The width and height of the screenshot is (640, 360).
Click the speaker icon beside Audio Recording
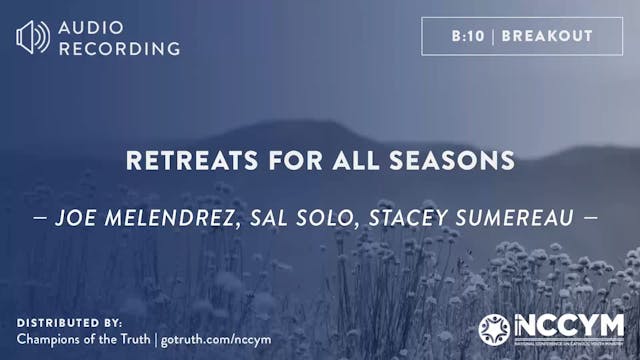point(32,37)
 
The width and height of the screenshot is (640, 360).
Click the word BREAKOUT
point(547,36)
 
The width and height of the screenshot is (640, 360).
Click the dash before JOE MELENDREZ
point(46,215)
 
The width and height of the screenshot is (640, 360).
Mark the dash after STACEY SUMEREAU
point(593,215)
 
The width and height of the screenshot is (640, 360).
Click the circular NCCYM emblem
point(494,328)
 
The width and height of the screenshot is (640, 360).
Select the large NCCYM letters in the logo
point(568,324)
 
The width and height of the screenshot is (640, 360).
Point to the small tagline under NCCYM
point(568,342)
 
